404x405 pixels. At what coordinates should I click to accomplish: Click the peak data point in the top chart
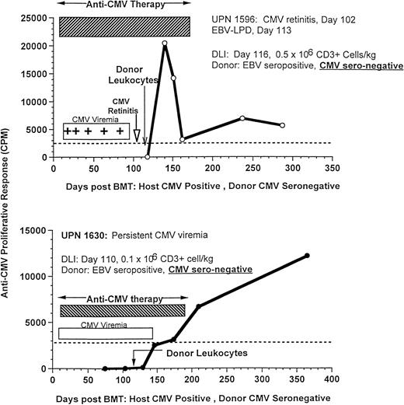coord(165,44)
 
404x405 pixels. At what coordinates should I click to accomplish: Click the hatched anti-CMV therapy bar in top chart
coord(124,26)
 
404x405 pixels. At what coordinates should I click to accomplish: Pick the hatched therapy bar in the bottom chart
coord(122,310)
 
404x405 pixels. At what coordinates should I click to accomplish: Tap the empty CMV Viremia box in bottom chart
coord(106,333)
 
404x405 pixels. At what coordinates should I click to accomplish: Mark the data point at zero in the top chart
coord(148,156)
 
